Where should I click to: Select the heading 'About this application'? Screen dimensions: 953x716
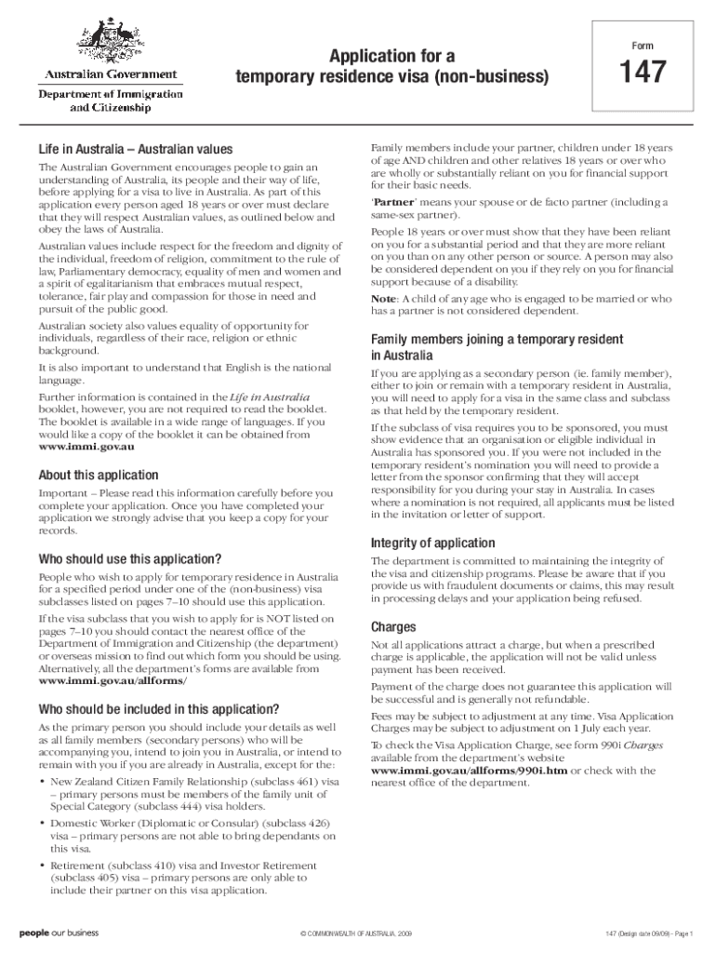click(98, 475)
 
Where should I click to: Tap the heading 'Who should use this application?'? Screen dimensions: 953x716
click(129, 559)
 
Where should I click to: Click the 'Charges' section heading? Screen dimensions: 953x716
click(393, 626)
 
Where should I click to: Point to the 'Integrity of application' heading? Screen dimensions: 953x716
click(433, 543)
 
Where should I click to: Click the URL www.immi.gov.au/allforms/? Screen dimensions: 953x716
click(105, 681)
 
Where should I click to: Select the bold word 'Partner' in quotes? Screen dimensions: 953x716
click(393, 202)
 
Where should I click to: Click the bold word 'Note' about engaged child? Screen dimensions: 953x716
click(383, 299)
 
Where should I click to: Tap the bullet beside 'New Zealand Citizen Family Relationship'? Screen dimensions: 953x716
click(42, 782)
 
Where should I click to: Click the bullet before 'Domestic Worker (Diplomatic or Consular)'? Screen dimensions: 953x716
click(42, 825)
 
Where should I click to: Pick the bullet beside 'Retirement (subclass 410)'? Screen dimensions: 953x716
click(42, 866)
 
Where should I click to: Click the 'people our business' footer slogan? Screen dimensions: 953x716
click(59, 932)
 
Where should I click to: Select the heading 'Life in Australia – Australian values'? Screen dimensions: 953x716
click(135, 150)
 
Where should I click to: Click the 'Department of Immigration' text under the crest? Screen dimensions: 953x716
click(110, 94)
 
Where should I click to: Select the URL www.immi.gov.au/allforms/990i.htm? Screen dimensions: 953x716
click(469, 771)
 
